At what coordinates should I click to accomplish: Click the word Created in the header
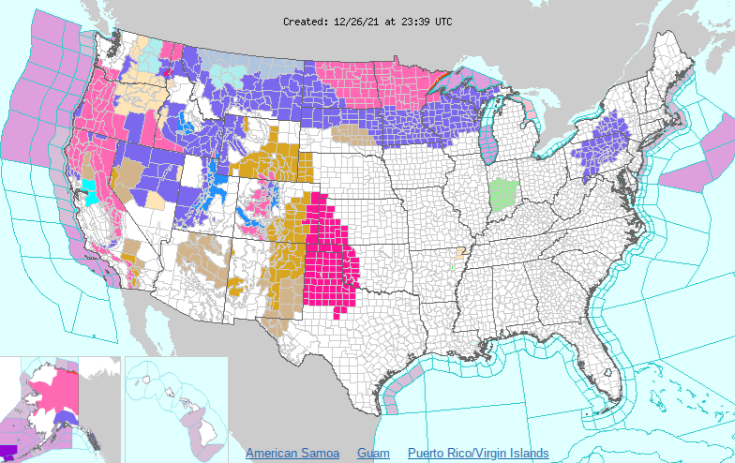click(306, 21)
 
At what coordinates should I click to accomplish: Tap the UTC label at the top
click(442, 21)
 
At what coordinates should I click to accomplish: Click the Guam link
click(373, 454)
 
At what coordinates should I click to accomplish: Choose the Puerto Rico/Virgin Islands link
click(478, 454)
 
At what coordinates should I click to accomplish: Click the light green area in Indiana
click(503, 193)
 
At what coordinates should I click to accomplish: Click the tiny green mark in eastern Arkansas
click(452, 267)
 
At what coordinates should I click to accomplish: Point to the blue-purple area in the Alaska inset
click(65, 418)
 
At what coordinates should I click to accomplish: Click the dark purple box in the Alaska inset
click(8, 451)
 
